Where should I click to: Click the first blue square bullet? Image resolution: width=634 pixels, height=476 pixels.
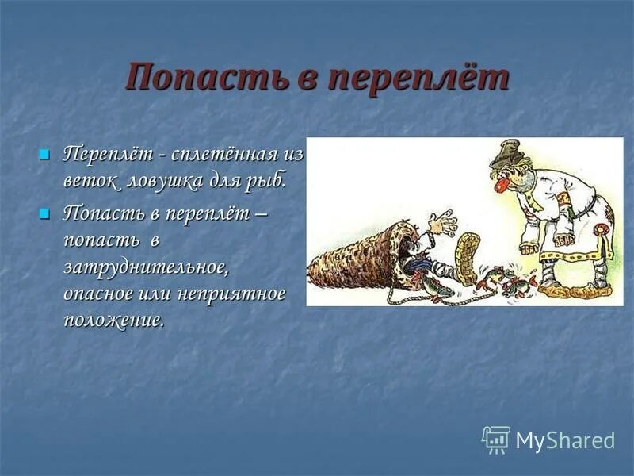(44, 152)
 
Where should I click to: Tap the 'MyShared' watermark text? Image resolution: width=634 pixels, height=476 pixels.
(565, 440)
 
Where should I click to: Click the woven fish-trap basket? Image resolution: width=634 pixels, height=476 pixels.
(357, 254)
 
